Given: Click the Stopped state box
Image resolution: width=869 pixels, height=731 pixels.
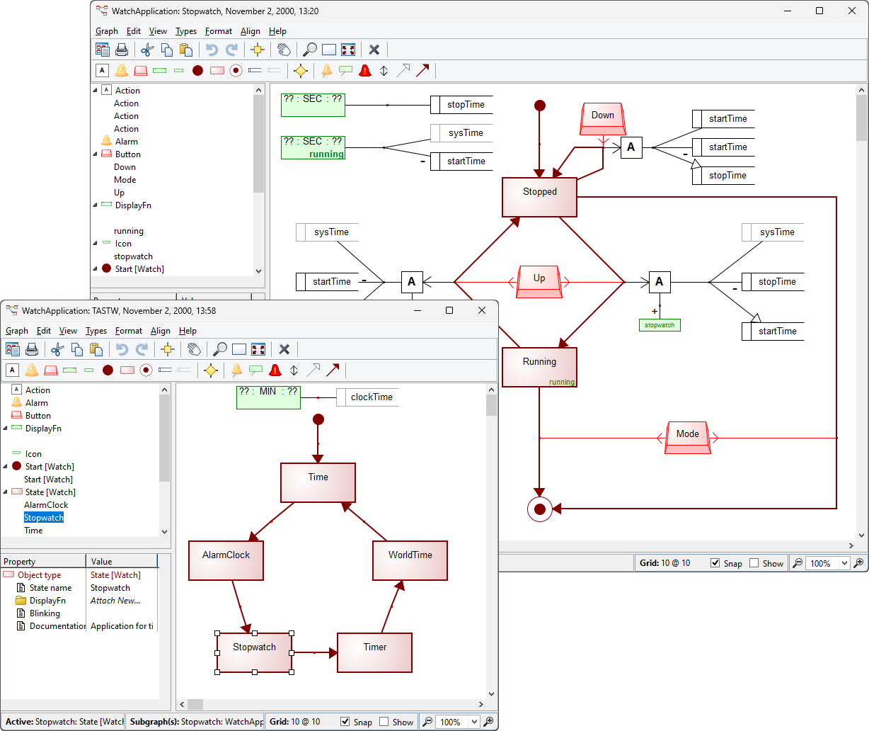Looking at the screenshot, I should (x=539, y=197).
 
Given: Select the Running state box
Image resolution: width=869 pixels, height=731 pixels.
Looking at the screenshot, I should (x=539, y=366).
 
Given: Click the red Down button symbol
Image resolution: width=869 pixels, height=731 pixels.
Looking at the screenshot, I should (x=603, y=118).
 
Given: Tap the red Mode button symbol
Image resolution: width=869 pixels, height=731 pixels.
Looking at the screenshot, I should (x=687, y=437).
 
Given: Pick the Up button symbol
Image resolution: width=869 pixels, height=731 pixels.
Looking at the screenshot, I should (x=539, y=281).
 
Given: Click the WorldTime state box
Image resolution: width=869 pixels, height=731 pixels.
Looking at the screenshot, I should (x=410, y=560).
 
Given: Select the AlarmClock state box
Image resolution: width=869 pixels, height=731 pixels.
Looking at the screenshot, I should (x=226, y=560).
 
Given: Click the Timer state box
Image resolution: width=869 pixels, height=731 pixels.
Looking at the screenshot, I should (x=374, y=652).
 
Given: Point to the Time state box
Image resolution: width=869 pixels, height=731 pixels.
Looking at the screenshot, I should (x=318, y=482).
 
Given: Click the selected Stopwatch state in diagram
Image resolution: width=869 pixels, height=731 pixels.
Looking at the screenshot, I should (x=254, y=652).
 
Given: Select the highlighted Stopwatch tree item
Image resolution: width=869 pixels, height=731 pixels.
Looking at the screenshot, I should (x=44, y=518).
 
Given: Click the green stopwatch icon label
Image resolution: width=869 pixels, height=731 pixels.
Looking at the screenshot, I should (x=659, y=325).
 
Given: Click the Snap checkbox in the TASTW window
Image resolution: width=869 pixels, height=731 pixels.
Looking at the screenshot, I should (x=345, y=722).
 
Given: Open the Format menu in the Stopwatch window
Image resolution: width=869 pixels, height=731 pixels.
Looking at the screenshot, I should (x=218, y=31).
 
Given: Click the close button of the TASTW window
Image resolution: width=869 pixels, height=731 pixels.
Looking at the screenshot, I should (x=482, y=310).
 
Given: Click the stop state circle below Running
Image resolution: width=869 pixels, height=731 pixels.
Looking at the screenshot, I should (x=539, y=509).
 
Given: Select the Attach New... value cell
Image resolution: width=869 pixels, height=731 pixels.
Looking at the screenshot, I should (x=115, y=601).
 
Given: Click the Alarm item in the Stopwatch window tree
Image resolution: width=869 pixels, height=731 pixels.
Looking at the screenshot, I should (x=127, y=142).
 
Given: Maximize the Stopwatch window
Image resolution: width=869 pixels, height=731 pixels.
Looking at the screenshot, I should (x=819, y=11).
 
